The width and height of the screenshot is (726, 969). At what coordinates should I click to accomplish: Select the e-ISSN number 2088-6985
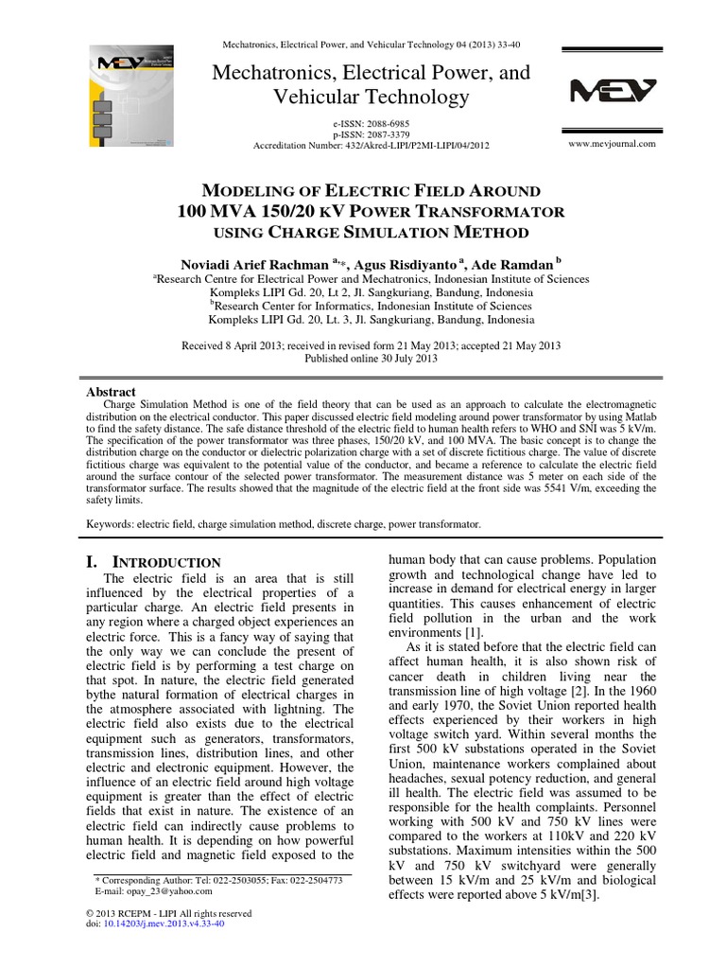pyautogui.click(x=383, y=124)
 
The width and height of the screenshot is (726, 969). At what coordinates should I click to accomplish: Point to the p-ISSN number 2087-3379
pyautogui.click(x=383, y=134)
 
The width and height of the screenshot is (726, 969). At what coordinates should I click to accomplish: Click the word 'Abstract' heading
pyautogui.click(x=112, y=392)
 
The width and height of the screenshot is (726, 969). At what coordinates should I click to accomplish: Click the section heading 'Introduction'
pyautogui.click(x=163, y=562)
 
